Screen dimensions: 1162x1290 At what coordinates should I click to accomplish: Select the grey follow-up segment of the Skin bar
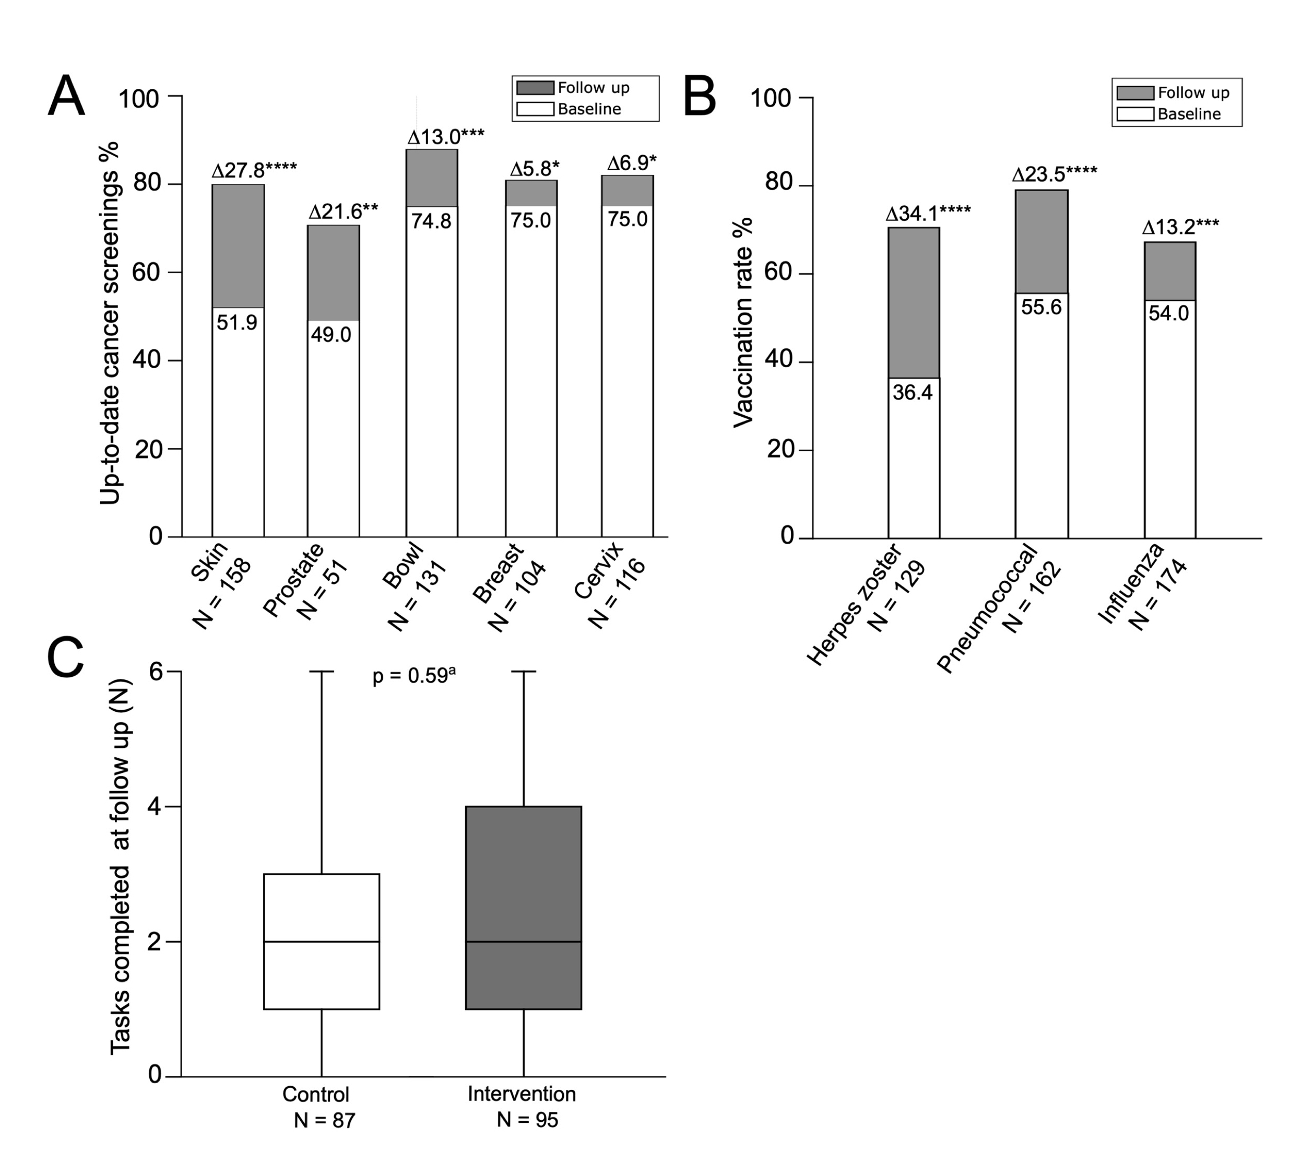238,246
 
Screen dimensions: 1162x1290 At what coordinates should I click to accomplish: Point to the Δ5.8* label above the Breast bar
534,169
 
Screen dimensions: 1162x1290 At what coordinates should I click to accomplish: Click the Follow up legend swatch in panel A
535,87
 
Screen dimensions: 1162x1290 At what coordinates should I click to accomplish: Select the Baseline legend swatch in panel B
1135,114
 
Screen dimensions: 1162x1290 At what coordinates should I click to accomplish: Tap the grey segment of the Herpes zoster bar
914,302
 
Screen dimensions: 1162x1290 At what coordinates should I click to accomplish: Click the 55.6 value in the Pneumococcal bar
1041,307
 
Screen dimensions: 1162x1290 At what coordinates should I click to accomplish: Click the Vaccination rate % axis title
743,322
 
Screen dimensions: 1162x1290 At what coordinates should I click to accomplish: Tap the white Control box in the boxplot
321,941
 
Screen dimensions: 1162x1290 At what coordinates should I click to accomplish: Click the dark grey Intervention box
524,907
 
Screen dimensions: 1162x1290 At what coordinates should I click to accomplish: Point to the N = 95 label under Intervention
527,1119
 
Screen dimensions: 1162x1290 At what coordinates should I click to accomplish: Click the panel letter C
66,658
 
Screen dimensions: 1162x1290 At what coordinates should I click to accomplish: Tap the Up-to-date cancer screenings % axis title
110,322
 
